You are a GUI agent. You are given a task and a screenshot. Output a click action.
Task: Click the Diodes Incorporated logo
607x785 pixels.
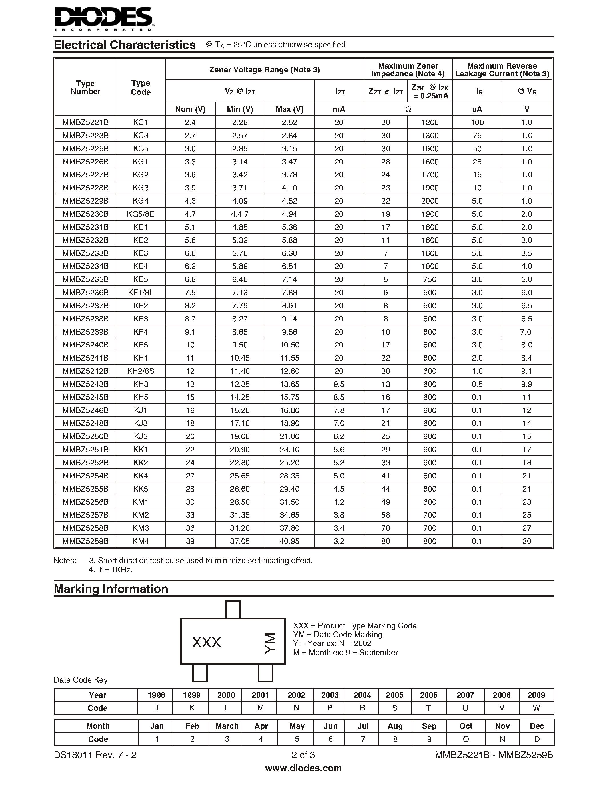click(104, 19)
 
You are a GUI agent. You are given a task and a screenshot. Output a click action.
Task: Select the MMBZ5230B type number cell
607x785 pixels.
click(85, 214)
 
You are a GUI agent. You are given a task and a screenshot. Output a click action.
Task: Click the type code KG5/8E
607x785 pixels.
click(141, 214)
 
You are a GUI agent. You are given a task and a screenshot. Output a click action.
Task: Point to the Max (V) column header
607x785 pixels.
click(289, 109)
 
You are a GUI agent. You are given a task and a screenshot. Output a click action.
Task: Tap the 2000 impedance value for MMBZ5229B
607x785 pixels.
click(430, 201)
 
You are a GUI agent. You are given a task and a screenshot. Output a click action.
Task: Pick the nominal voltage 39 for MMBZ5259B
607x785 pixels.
click(190, 541)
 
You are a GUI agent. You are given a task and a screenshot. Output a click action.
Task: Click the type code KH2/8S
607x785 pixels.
click(141, 371)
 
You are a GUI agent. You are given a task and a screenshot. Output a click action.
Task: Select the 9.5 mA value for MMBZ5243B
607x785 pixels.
click(339, 384)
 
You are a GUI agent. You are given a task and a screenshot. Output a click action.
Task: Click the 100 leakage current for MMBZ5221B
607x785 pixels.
click(477, 122)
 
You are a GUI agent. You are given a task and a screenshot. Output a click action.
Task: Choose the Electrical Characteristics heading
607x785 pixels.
click(125, 45)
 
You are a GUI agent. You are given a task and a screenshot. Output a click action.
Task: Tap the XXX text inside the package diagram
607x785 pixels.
click(207, 642)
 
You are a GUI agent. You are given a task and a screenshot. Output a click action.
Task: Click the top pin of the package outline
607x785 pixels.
click(233, 610)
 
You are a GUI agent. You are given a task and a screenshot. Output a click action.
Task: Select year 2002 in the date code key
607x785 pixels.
click(296, 695)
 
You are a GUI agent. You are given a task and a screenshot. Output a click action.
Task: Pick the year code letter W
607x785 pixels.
click(536, 708)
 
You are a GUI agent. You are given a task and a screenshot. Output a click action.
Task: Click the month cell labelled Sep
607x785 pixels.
click(429, 726)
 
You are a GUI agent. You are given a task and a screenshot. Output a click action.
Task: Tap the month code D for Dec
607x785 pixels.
click(536, 739)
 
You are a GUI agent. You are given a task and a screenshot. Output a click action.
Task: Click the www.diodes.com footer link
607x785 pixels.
click(303, 768)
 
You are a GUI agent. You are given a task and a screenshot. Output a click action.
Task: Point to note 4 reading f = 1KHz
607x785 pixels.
click(111, 570)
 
